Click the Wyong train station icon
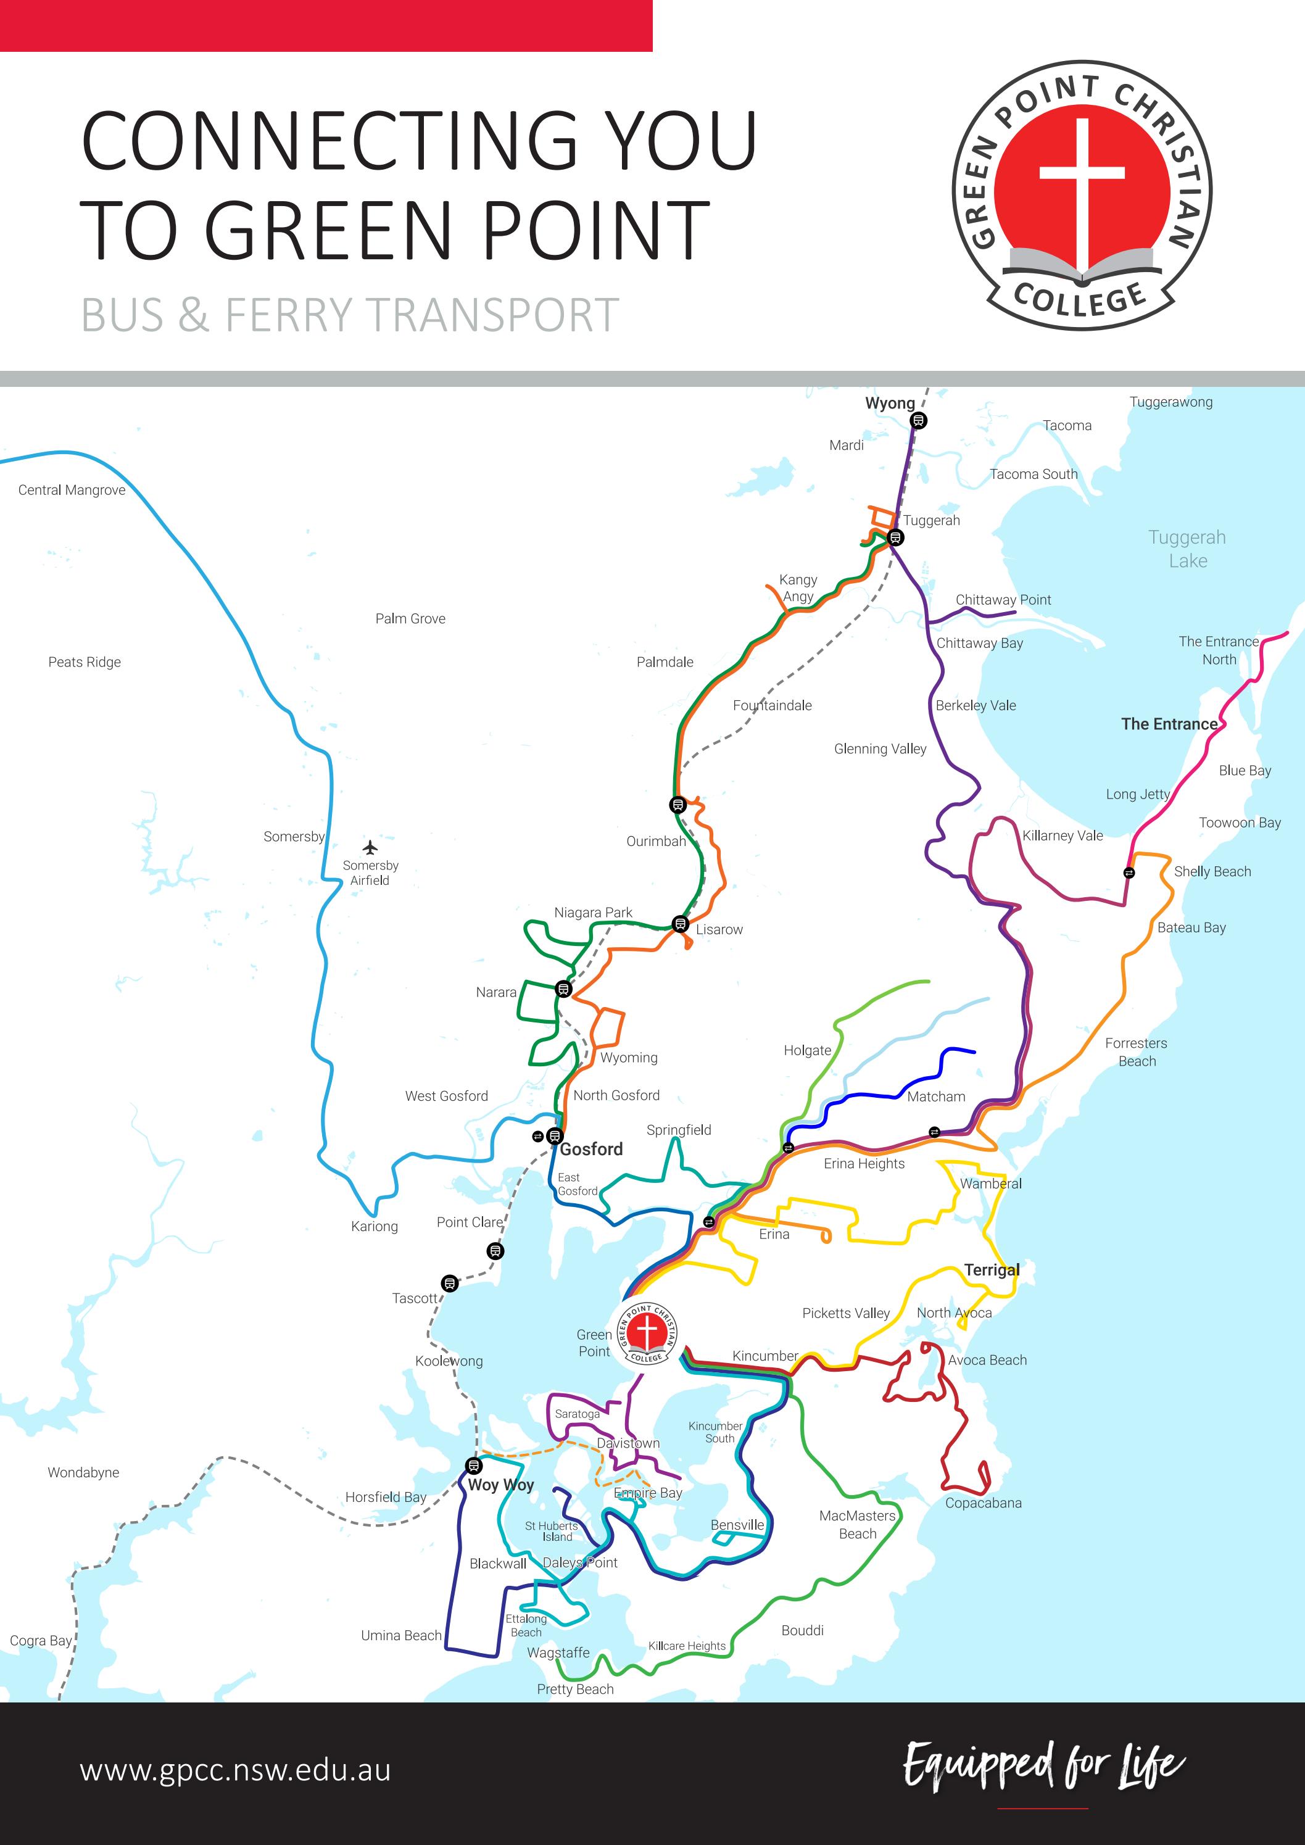(919, 420)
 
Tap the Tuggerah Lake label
(1187, 548)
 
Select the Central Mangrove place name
(72, 490)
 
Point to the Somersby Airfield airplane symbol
(370, 847)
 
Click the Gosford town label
(592, 1149)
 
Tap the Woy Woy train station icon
(474, 1465)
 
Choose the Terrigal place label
(992, 1270)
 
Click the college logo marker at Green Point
(647, 1333)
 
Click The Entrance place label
(1169, 724)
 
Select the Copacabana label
(983, 1503)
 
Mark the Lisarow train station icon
(680, 924)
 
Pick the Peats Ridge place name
(85, 662)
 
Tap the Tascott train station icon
(450, 1283)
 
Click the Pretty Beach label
(575, 1689)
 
